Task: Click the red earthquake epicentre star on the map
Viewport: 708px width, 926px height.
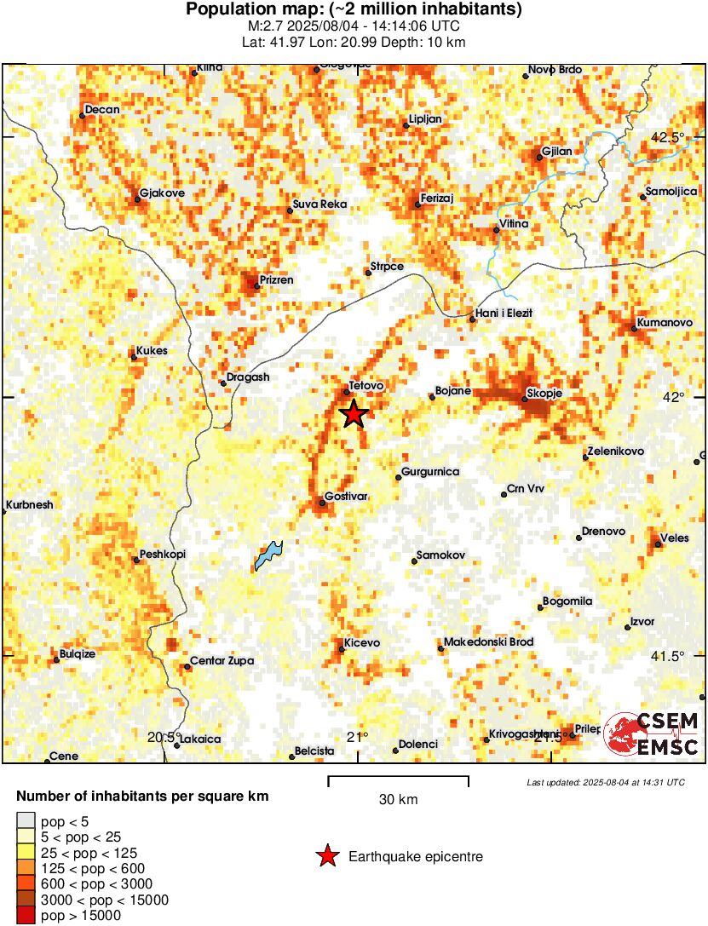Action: pos(354,414)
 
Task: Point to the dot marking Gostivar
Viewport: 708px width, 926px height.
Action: pos(322,503)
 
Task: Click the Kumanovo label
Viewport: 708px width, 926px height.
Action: pos(661,325)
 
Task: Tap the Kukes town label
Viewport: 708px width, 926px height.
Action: pos(152,351)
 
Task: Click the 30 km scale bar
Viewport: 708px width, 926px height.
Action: pos(398,777)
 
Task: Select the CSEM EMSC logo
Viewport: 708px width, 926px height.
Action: pos(653,733)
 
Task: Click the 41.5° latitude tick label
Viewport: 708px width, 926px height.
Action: pos(668,656)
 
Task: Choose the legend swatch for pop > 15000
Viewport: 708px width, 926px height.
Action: pos(26,916)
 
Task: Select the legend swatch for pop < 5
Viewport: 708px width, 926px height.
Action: pos(26,822)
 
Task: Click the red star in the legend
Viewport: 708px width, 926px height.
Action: pos(325,856)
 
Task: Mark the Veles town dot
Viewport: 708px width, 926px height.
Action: pos(659,544)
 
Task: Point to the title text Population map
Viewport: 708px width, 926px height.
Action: pos(354,10)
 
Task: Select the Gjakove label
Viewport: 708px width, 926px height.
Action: pos(162,193)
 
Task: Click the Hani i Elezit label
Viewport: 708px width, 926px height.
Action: pos(504,313)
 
